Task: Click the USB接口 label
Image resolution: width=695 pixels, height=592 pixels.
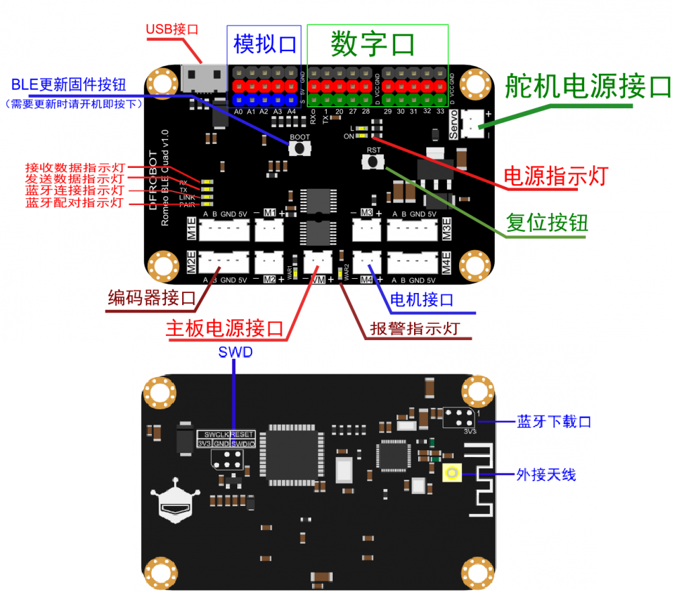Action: point(172,30)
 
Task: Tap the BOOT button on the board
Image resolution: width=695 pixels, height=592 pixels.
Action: point(299,147)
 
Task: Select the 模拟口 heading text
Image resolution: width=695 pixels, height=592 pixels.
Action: point(265,44)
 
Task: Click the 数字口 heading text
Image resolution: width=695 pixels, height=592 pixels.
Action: point(372,44)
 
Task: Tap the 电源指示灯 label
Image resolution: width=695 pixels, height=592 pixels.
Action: point(556,176)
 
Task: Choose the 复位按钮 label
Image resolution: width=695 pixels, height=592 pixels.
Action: point(546,222)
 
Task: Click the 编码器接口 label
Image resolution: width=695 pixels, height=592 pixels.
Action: point(151,298)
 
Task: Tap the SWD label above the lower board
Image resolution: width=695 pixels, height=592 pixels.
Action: point(235,352)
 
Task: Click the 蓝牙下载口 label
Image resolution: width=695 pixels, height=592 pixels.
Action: point(553,421)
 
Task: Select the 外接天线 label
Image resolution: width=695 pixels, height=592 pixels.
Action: point(546,474)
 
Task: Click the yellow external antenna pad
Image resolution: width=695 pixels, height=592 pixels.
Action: point(452,474)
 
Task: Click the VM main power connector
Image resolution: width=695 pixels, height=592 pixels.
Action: point(317,259)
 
